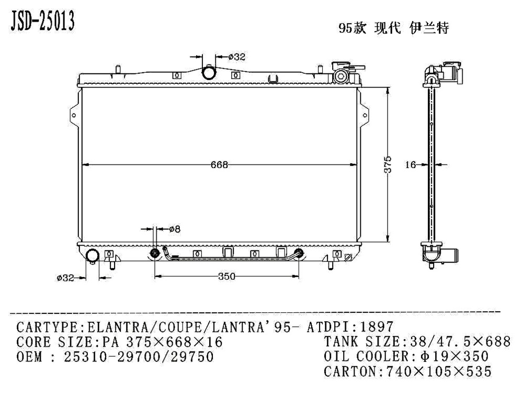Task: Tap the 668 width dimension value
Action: pyautogui.click(x=219, y=164)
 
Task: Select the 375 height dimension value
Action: pyautogui.click(x=388, y=164)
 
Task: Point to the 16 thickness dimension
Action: pyautogui.click(x=411, y=165)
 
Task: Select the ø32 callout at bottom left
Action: pyautogui.click(x=65, y=278)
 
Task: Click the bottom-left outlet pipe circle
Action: pyautogui.click(x=93, y=257)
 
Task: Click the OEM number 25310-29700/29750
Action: pyautogui.click(x=138, y=357)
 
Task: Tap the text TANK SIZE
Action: pyautogui.click(x=361, y=342)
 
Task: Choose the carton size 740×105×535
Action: pyautogui.click(x=438, y=372)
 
